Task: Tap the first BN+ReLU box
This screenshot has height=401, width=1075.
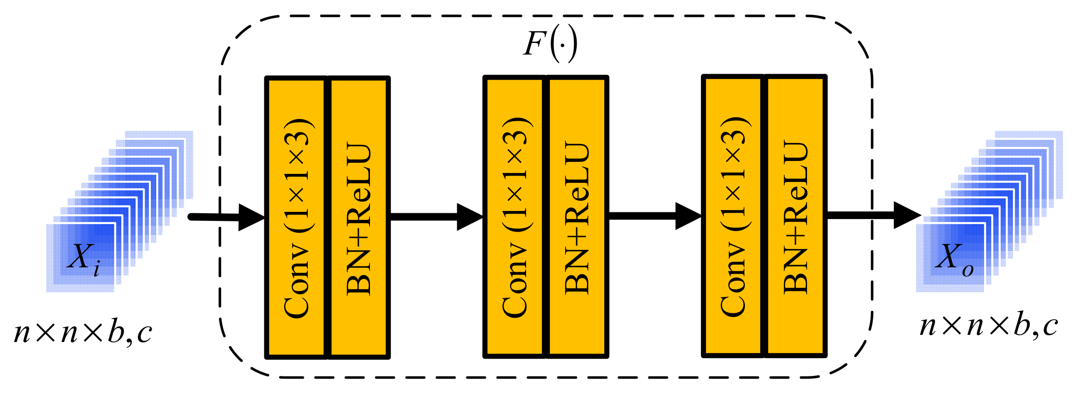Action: tap(359, 218)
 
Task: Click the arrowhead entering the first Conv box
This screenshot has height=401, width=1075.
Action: tap(251, 218)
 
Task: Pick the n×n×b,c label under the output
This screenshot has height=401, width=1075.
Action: tap(989, 326)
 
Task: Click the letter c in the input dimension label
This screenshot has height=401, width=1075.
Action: tap(144, 334)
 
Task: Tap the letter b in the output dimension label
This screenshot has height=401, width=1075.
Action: tap(1022, 325)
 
